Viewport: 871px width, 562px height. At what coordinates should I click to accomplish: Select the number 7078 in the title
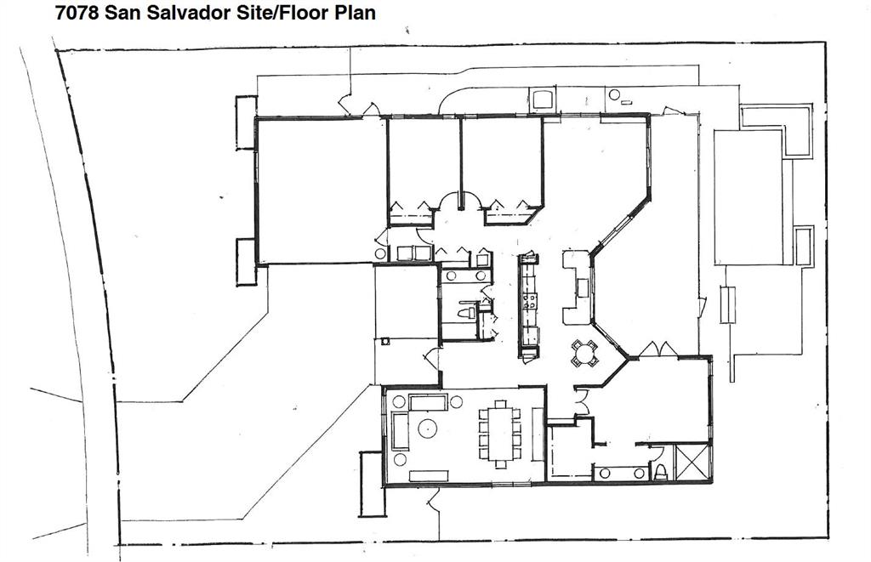click(x=74, y=13)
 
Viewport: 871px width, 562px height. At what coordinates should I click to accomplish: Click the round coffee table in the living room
click(x=424, y=428)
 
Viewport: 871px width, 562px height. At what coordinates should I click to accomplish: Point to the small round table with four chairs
click(x=584, y=353)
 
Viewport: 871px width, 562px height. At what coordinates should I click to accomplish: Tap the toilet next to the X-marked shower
click(x=661, y=471)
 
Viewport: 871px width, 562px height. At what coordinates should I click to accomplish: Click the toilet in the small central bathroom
click(x=466, y=313)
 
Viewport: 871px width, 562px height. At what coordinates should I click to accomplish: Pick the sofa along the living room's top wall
click(x=428, y=401)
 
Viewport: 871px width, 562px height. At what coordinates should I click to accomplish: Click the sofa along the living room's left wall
click(x=400, y=431)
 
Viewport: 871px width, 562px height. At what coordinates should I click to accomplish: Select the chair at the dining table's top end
click(x=500, y=404)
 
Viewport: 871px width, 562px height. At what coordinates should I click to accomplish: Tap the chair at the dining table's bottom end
click(x=500, y=464)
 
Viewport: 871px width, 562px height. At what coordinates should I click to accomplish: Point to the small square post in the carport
click(x=385, y=341)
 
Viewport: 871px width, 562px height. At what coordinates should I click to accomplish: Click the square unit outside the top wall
click(x=542, y=99)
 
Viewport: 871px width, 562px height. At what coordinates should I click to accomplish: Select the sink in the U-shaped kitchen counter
click(x=583, y=287)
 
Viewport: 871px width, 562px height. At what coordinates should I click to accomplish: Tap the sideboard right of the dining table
click(x=538, y=434)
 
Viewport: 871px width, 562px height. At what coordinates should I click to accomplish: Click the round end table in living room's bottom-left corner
click(x=400, y=460)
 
